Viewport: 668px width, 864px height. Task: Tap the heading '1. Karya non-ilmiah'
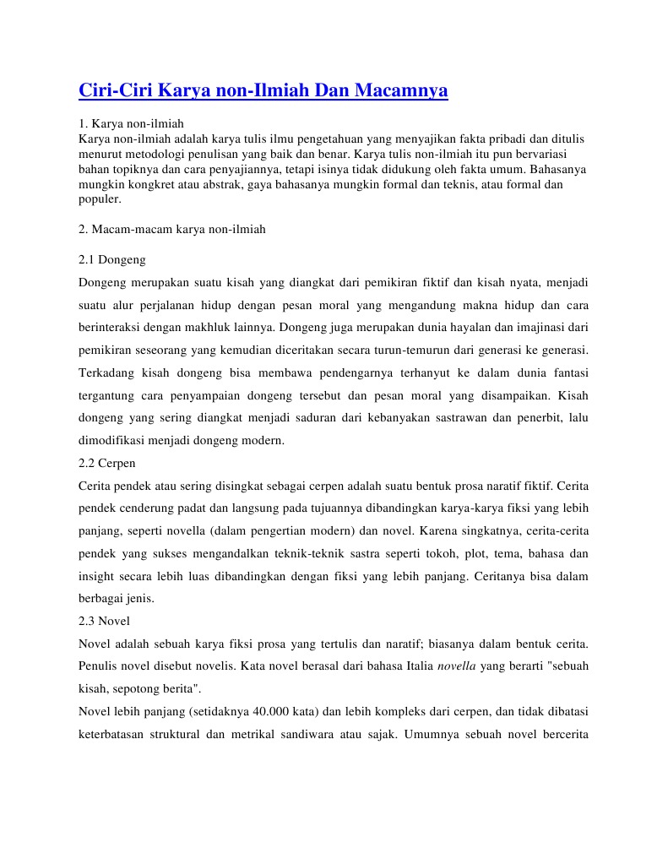131,124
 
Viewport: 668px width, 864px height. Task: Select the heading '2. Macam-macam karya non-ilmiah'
171,229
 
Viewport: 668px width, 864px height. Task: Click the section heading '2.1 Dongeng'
111,259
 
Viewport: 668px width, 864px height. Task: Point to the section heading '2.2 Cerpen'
106,463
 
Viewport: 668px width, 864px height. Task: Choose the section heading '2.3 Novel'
104,621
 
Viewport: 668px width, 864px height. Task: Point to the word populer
100,198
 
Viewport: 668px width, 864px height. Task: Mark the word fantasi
568,372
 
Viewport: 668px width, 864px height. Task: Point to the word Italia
415,666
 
